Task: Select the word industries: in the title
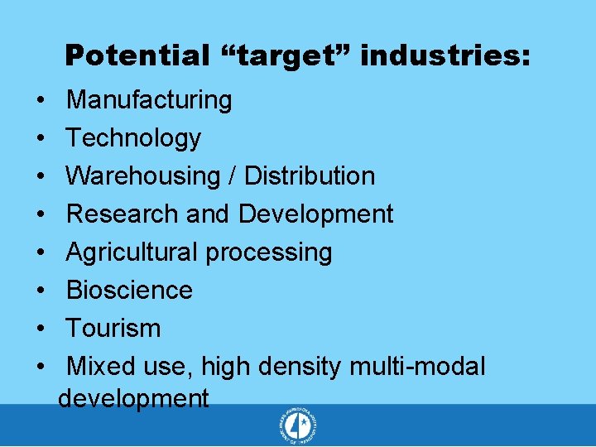445,56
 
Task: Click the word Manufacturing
149,100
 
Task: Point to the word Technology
133,138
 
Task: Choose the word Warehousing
142,176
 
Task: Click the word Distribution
310,176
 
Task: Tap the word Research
123,214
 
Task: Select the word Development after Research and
315,214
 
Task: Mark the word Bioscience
129,291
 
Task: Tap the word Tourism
113,329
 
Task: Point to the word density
300,367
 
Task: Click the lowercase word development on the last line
133,399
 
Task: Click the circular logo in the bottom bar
298,427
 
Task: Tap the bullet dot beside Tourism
41,329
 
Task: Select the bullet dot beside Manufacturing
41,100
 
